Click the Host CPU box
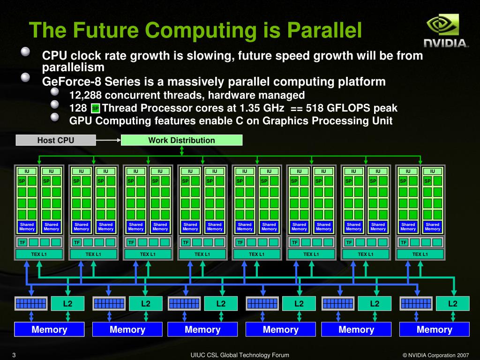(x=56, y=140)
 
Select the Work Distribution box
(x=181, y=140)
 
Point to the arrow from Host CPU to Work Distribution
(x=108, y=140)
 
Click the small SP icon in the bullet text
(x=95, y=109)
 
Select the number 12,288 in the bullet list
(x=85, y=96)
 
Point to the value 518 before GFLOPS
(x=315, y=108)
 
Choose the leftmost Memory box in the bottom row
(x=49, y=330)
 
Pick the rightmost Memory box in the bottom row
(x=435, y=330)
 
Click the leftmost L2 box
(x=67, y=304)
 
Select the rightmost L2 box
(x=452, y=304)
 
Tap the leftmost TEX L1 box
(x=39, y=254)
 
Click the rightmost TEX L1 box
(x=420, y=254)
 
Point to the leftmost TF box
(x=22, y=242)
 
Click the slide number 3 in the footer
(x=14, y=355)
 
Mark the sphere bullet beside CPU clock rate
(x=26, y=51)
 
